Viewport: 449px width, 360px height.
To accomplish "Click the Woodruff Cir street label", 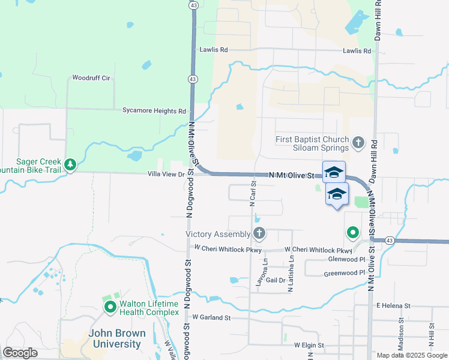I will (91, 78).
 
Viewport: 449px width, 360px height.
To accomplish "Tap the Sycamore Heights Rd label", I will (154, 111).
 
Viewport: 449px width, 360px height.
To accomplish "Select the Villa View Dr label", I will (164, 174).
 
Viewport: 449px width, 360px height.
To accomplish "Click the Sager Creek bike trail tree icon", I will (70, 164).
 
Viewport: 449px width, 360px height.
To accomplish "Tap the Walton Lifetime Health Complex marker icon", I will (110, 308).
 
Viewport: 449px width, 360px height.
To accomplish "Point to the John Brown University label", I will (115, 339).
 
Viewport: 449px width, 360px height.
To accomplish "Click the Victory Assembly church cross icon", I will (259, 233).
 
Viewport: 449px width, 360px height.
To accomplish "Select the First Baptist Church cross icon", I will (358, 143).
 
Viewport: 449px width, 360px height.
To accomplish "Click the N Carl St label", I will (253, 196).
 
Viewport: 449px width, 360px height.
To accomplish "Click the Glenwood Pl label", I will (346, 260).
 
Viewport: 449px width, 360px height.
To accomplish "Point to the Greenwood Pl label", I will (344, 273).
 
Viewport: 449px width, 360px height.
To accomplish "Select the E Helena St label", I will (393, 305).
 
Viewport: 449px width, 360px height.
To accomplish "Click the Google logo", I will (20, 353).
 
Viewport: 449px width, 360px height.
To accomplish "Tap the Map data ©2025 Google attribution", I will (411, 355).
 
